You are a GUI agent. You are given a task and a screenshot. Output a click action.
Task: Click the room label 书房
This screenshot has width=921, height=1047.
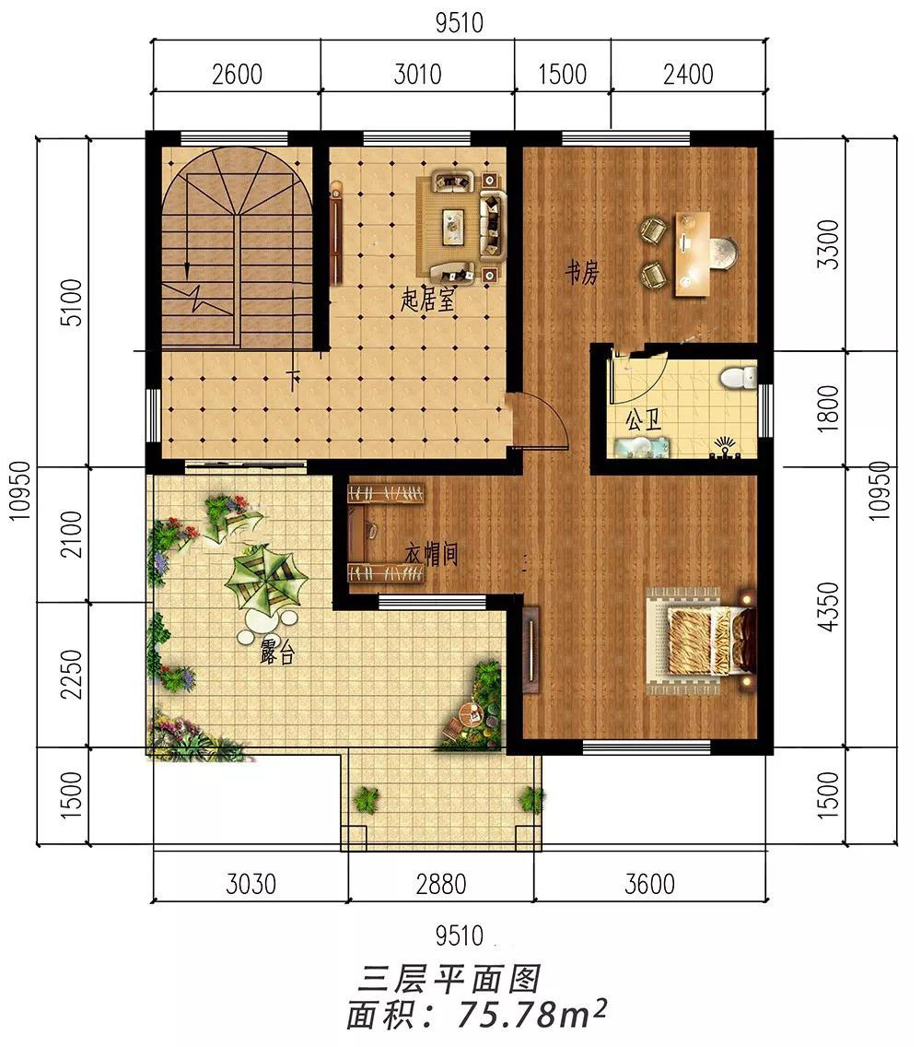click(x=582, y=273)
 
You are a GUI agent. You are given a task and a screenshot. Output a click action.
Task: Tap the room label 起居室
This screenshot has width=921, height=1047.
click(x=427, y=300)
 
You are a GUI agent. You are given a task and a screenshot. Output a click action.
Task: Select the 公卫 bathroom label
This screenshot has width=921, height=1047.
click(x=644, y=420)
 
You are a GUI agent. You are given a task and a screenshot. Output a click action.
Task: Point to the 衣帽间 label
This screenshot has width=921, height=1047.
click(x=432, y=554)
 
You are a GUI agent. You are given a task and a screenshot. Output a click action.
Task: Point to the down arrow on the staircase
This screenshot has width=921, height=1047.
click(x=188, y=270)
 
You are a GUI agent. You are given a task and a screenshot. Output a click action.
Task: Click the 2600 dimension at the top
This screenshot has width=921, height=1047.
click(x=237, y=74)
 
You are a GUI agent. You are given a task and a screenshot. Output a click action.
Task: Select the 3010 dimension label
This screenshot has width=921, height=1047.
click(x=418, y=74)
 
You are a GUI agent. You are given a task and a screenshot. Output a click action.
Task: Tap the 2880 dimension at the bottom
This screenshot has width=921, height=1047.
click(x=440, y=884)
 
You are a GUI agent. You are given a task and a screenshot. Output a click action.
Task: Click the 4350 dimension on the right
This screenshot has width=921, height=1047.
click(x=828, y=606)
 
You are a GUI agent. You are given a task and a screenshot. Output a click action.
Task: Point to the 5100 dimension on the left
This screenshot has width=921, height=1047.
click(x=72, y=302)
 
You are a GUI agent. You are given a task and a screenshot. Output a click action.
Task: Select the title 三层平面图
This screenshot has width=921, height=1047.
click(x=449, y=981)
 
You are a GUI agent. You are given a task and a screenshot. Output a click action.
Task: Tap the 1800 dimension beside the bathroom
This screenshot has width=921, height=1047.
click(x=828, y=408)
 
